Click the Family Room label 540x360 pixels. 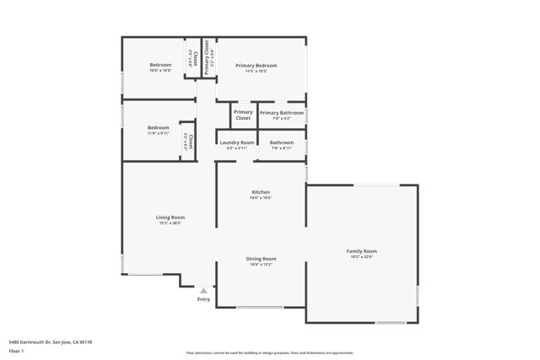click(x=361, y=251)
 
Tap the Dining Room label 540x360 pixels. click(x=261, y=259)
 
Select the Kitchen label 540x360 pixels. click(x=261, y=192)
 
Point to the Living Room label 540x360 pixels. click(x=170, y=218)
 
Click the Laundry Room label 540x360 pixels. click(x=236, y=142)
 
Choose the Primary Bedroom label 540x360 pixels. click(x=256, y=66)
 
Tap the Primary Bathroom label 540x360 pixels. click(x=281, y=113)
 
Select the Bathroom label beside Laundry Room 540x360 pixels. click(x=282, y=142)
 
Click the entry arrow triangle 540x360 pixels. click(x=203, y=291)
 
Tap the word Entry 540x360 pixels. click(x=203, y=299)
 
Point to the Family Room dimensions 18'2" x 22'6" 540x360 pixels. click(x=361, y=257)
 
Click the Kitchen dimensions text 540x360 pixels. click(x=261, y=198)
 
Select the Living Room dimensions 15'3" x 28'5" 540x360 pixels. click(x=170, y=223)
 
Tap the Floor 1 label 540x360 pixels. click(x=16, y=350)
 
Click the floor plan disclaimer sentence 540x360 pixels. click(x=269, y=353)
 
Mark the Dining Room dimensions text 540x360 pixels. click(x=261, y=265)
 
